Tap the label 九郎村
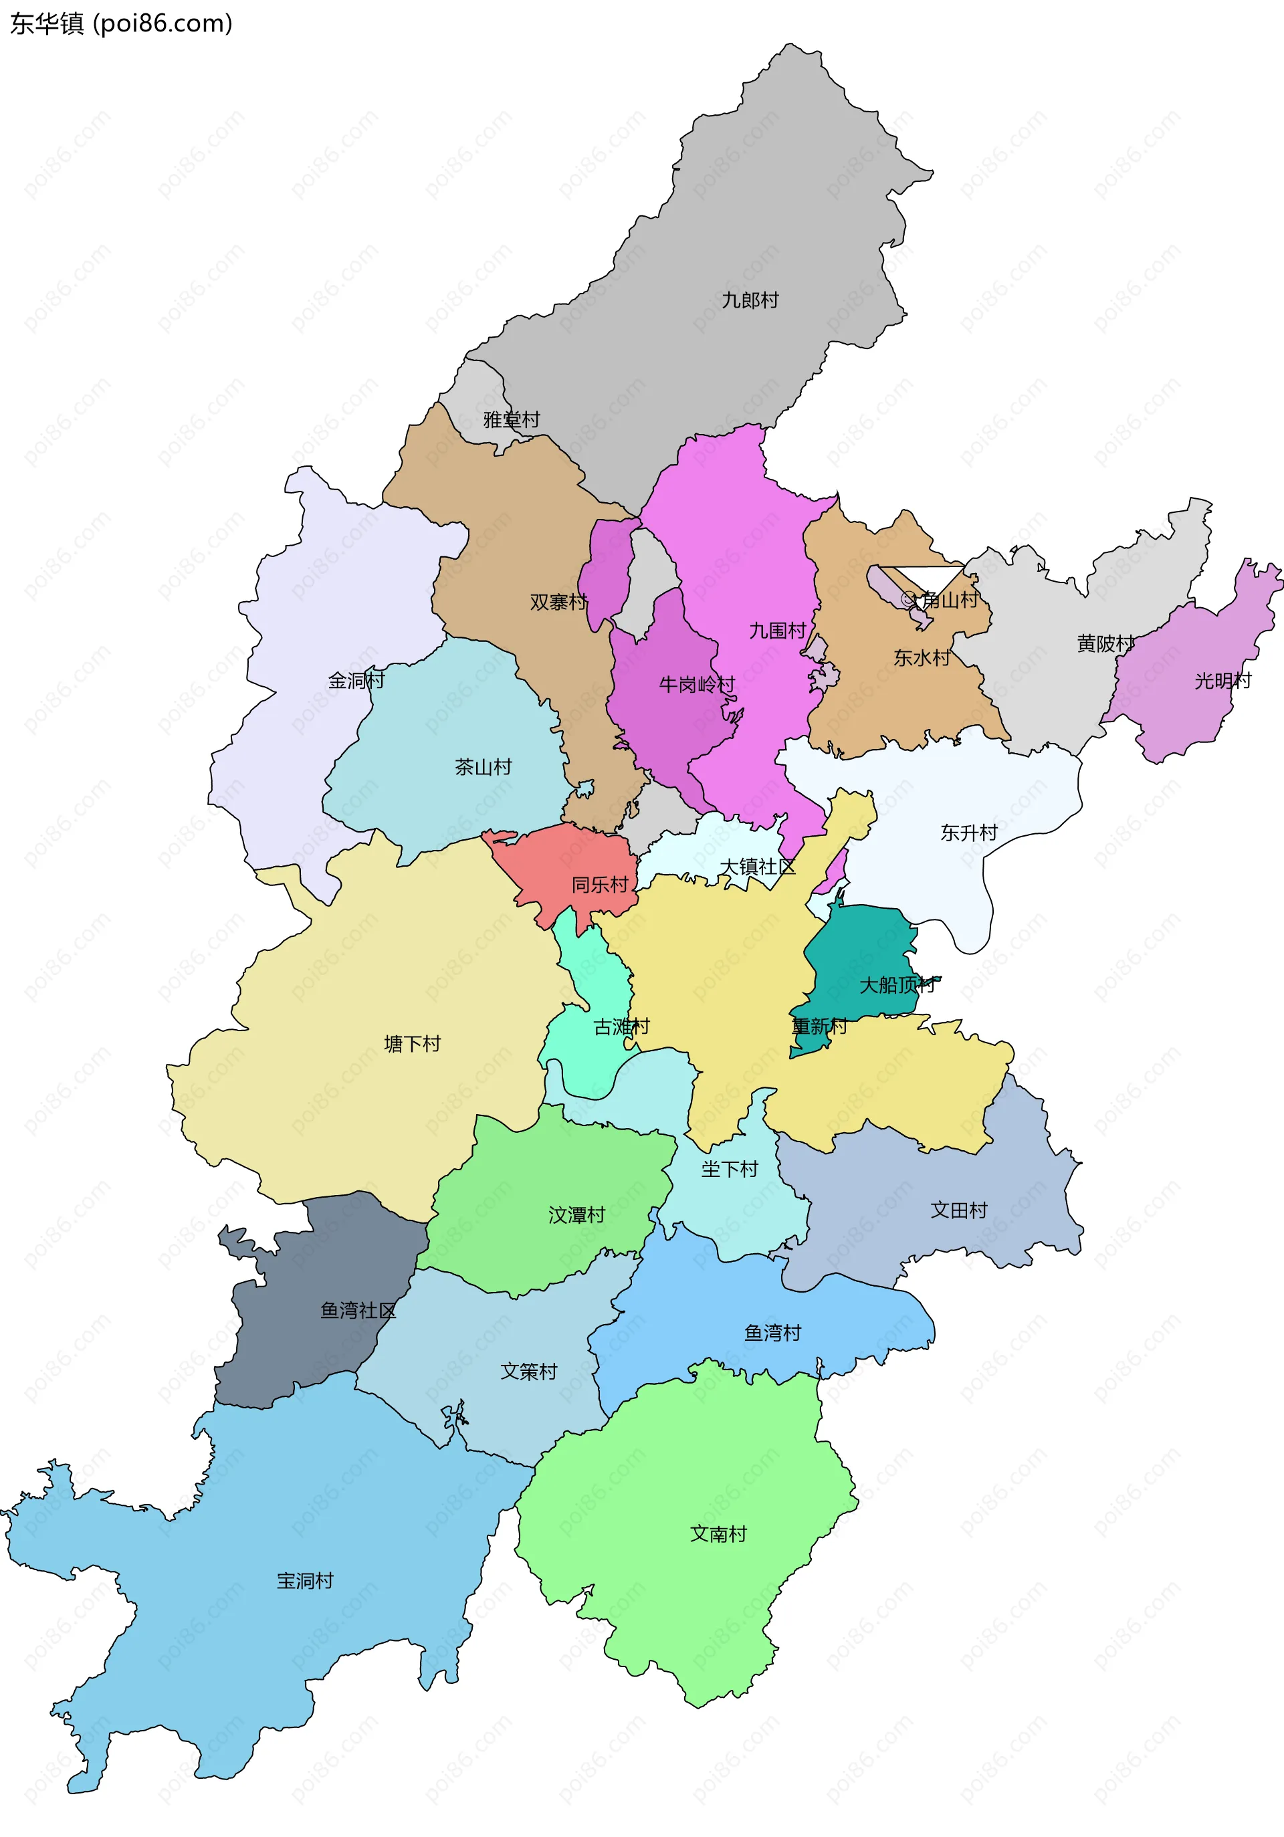750,300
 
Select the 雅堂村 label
511,419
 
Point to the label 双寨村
558,602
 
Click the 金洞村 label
356,680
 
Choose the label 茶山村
484,766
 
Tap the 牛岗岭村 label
696,684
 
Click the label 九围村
777,631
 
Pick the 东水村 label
922,657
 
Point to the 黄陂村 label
1105,643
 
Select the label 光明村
1222,680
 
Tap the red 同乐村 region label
599,884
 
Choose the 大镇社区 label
757,867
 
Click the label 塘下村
412,1043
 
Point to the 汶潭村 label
576,1214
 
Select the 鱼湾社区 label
358,1310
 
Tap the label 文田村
958,1210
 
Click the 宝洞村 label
305,1580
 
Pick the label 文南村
718,1533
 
